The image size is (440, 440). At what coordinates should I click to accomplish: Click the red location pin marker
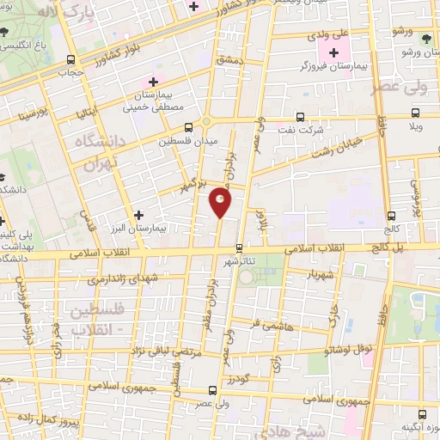(220, 202)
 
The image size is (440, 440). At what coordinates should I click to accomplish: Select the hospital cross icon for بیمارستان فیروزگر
(334, 53)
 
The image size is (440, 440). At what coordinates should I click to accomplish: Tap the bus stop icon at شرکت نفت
(300, 117)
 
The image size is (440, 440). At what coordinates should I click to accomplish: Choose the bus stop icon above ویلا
(417, 113)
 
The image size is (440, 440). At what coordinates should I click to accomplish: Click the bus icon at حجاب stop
(70, 60)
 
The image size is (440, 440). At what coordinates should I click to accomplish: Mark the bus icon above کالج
(391, 216)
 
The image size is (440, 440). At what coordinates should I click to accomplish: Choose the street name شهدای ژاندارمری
(98, 279)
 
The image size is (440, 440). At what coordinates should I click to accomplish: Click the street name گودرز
(238, 379)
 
